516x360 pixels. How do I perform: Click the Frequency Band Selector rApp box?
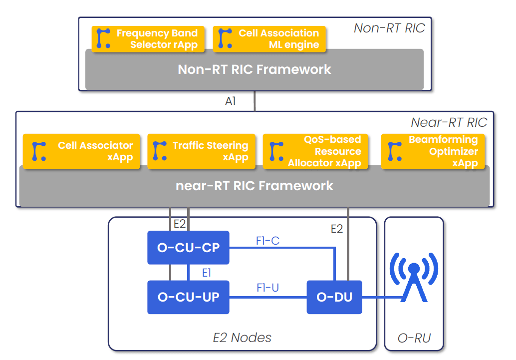(148, 39)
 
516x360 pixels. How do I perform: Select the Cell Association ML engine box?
(269, 39)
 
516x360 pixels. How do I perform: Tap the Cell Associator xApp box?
(81, 151)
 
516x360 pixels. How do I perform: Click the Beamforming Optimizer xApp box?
(433, 151)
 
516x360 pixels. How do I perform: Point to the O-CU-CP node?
(188, 247)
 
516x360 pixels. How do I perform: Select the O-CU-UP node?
(188, 297)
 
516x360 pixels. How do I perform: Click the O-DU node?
(334, 297)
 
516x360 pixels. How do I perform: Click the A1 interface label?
(230, 101)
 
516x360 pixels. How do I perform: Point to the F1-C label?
(267, 241)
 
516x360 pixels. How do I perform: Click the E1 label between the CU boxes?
(207, 273)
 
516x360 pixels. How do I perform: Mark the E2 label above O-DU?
(337, 229)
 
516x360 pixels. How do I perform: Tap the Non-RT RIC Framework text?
(255, 69)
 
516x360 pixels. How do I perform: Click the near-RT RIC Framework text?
(255, 186)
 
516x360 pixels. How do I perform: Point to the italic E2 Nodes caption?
(242, 338)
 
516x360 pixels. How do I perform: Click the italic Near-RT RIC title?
(449, 122)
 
